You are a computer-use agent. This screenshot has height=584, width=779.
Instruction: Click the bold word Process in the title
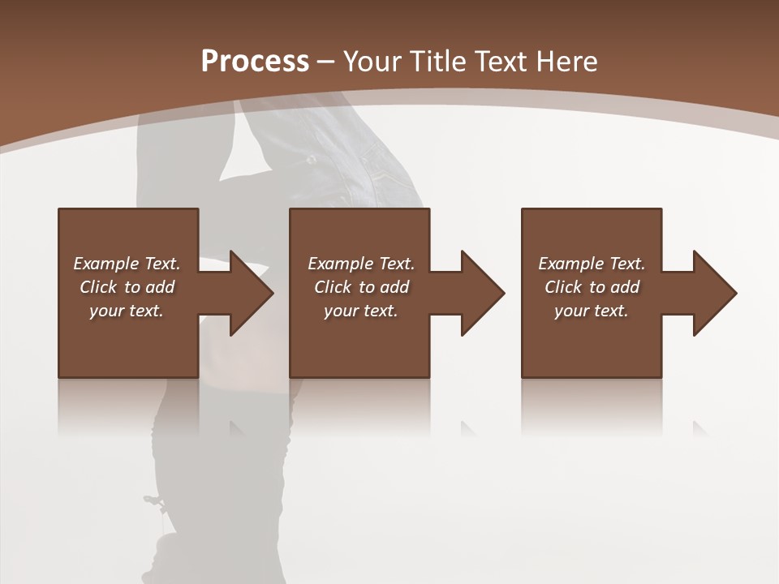pos(255,62)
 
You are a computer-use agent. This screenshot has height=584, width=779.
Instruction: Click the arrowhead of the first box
pos(251,293)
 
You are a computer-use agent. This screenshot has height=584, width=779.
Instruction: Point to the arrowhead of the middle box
pos(482,293)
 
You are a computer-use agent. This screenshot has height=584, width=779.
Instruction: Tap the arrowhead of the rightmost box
pos(714,293)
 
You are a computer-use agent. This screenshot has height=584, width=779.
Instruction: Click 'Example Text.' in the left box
pos(127,264)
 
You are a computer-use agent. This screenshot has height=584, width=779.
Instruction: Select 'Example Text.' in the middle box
pos(361,264)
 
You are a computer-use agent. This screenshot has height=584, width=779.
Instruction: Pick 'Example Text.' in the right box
pos(592,264)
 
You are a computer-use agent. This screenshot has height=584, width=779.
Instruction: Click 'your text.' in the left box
pos(127,311)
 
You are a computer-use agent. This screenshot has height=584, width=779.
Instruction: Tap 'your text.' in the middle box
pos(361,311)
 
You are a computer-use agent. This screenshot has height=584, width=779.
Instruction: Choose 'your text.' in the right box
pos(592,311)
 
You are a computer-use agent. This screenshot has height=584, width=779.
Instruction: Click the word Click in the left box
pos(98,287)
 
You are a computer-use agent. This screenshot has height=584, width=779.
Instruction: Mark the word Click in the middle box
pos(333,287)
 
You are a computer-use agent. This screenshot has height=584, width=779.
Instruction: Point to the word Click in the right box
pos(563,287)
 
